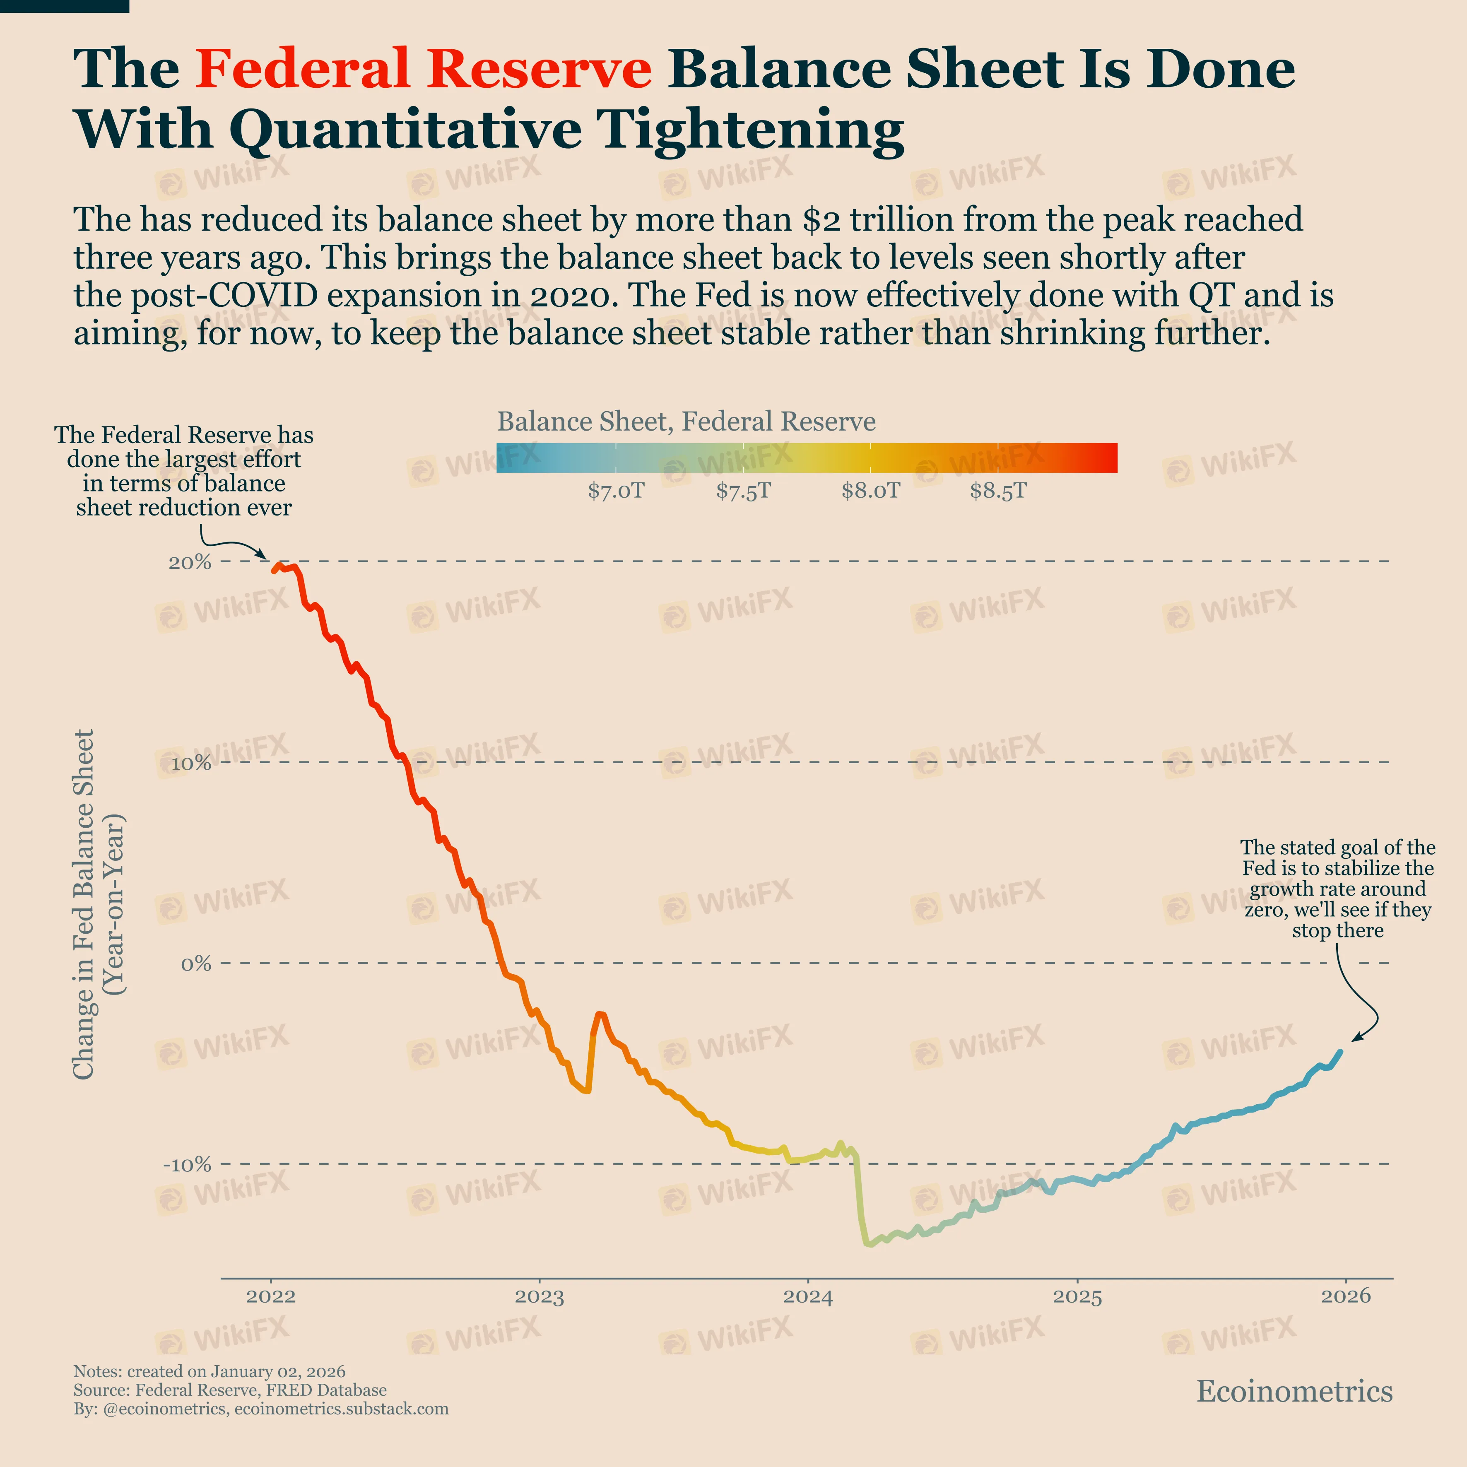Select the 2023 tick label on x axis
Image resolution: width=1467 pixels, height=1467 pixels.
click(x=539, y=1296)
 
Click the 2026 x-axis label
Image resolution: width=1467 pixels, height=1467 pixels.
click(x=1346, y=1296)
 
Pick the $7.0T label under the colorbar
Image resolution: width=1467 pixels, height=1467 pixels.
click(x=616, y=491)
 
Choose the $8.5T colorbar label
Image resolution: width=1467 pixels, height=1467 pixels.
click(x=998, y=491)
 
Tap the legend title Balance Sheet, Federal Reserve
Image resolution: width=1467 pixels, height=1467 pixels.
click(x=686, y=422)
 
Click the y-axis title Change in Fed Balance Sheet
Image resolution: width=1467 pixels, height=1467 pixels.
click(x=84, y=903)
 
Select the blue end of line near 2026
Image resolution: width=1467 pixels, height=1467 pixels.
click(x=1340, y=1053)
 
